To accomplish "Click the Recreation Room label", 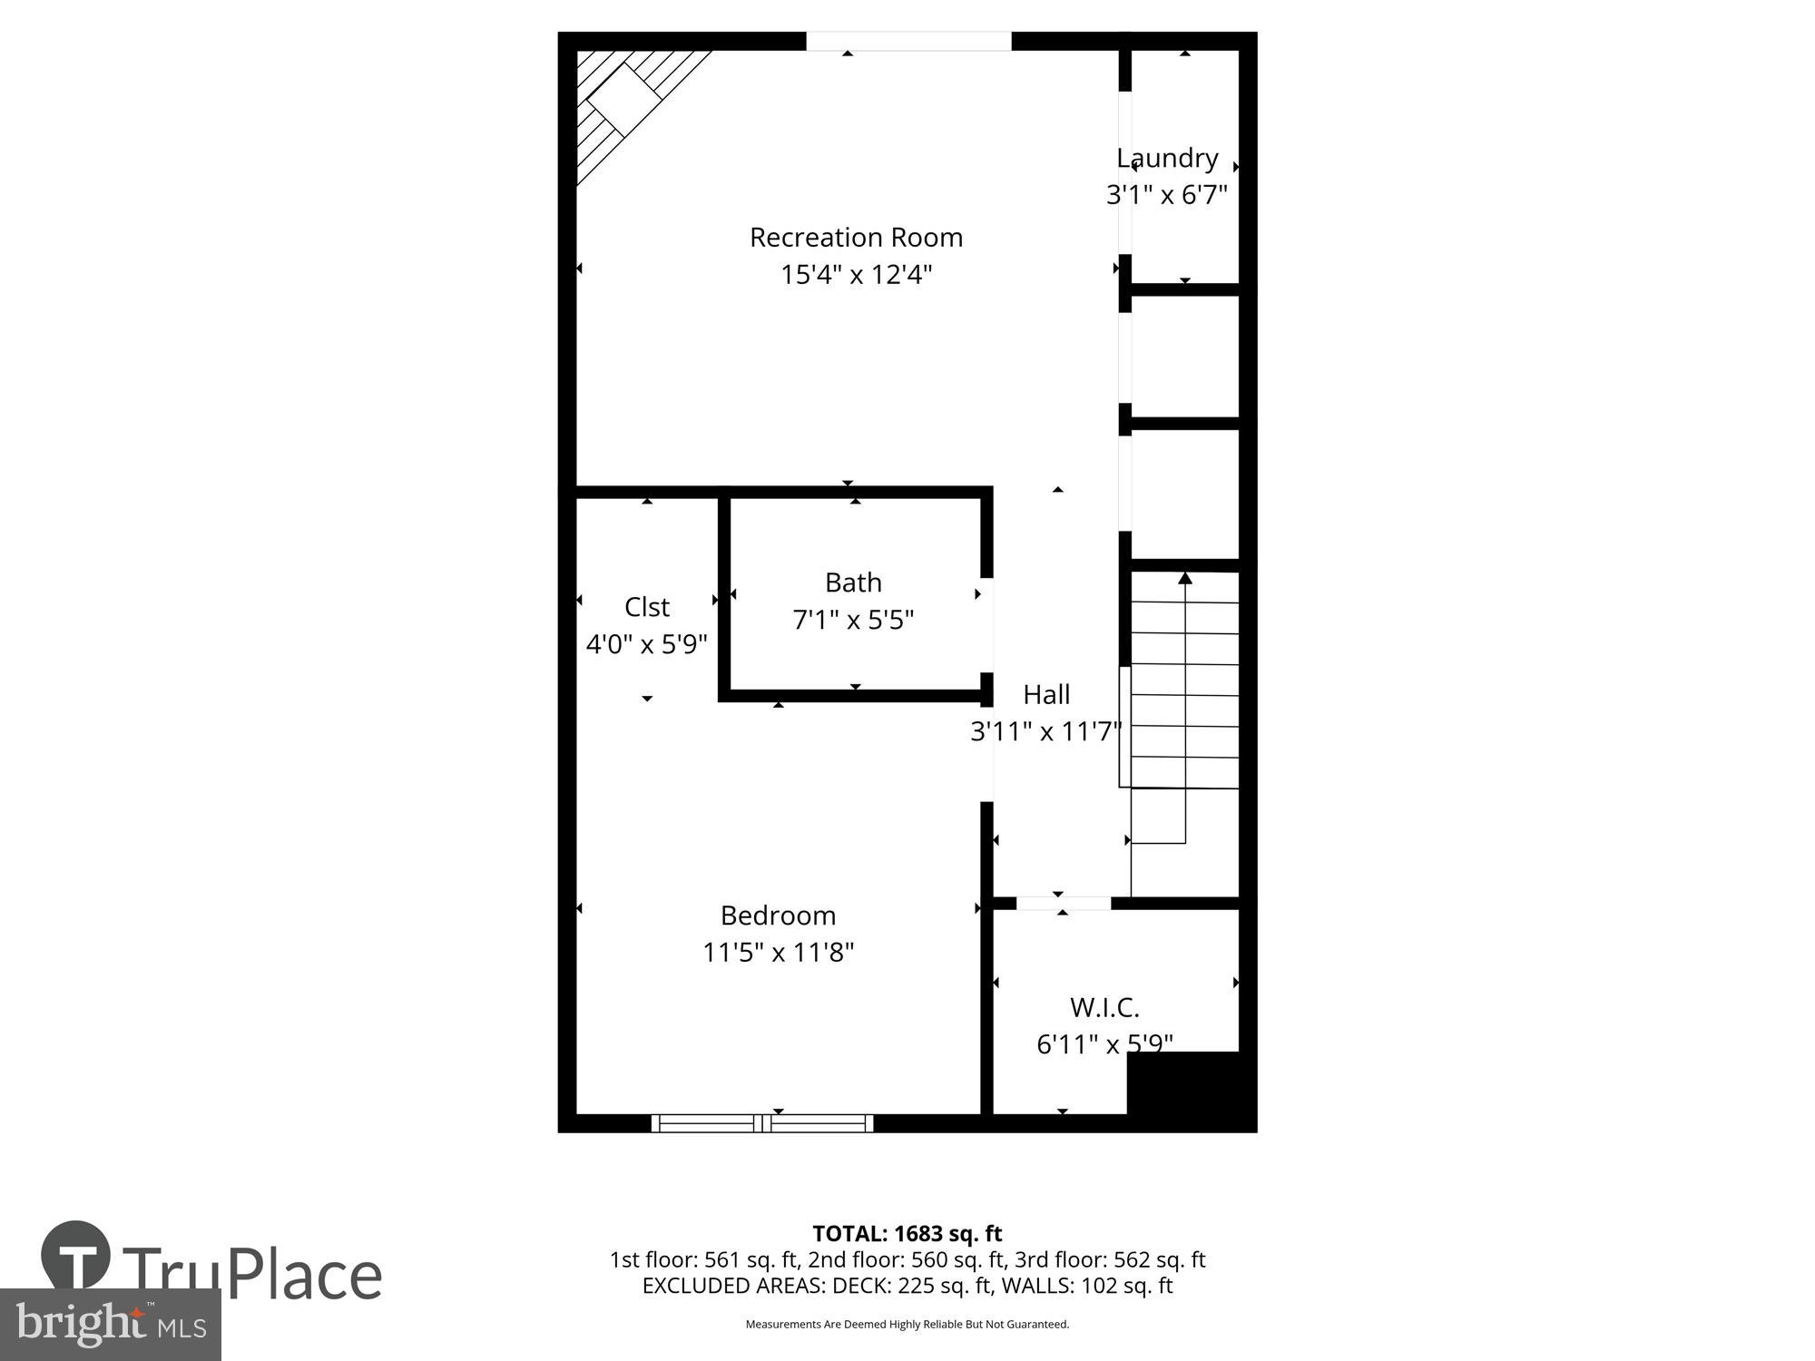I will coord(856,238).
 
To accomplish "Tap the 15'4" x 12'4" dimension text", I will coord(856,275).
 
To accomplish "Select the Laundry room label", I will coord(1167,159).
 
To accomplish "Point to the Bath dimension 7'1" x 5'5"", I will coord(853,621).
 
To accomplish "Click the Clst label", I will coord(647,607).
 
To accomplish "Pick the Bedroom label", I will coord(778,915).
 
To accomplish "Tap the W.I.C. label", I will coord(1104,1008).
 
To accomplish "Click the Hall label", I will coord(1046,695).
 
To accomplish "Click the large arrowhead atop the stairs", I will coord(1184,578).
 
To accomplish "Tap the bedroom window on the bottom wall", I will coord(762,1123).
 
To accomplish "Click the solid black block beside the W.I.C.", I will coord(1191,1091).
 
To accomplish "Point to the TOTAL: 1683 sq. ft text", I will coord(907,1234).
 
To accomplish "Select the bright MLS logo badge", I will coord(111,1325).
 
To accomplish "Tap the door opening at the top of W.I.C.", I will coord(1063,903).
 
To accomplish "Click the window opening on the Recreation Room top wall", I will coord(908,42).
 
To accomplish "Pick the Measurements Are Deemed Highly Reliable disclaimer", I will coord(907,1325).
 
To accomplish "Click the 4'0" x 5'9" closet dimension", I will coord(647,645).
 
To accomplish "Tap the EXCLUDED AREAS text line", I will coord(907,1286).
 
